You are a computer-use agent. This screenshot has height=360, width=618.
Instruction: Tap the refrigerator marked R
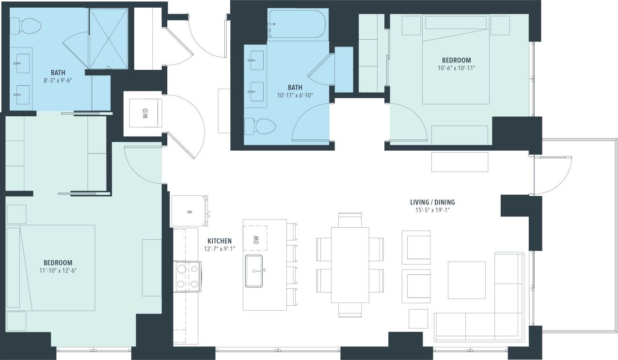(189, 211)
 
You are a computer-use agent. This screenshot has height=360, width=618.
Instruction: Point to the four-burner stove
(188, 277)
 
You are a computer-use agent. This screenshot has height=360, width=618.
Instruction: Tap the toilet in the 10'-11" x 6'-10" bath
(260, 126)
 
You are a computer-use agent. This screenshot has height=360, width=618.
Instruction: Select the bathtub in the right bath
(296, 24)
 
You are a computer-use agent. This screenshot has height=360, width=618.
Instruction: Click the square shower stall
(109, 38)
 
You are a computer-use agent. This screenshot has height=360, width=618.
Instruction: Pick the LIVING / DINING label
(432, 203)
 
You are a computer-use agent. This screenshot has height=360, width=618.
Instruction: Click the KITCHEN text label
(220, 241)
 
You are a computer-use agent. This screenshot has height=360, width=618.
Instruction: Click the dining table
(350, 265)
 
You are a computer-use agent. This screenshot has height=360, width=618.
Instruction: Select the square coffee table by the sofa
(466, 280)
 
